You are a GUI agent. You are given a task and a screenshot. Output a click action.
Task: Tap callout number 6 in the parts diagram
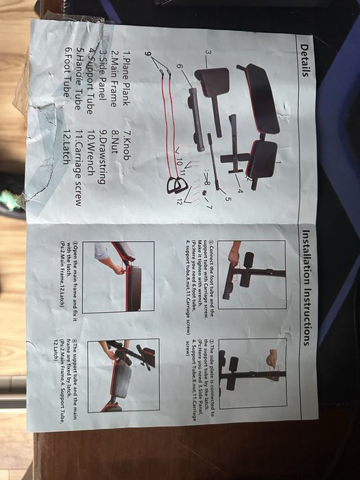click(x=180, y=66)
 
